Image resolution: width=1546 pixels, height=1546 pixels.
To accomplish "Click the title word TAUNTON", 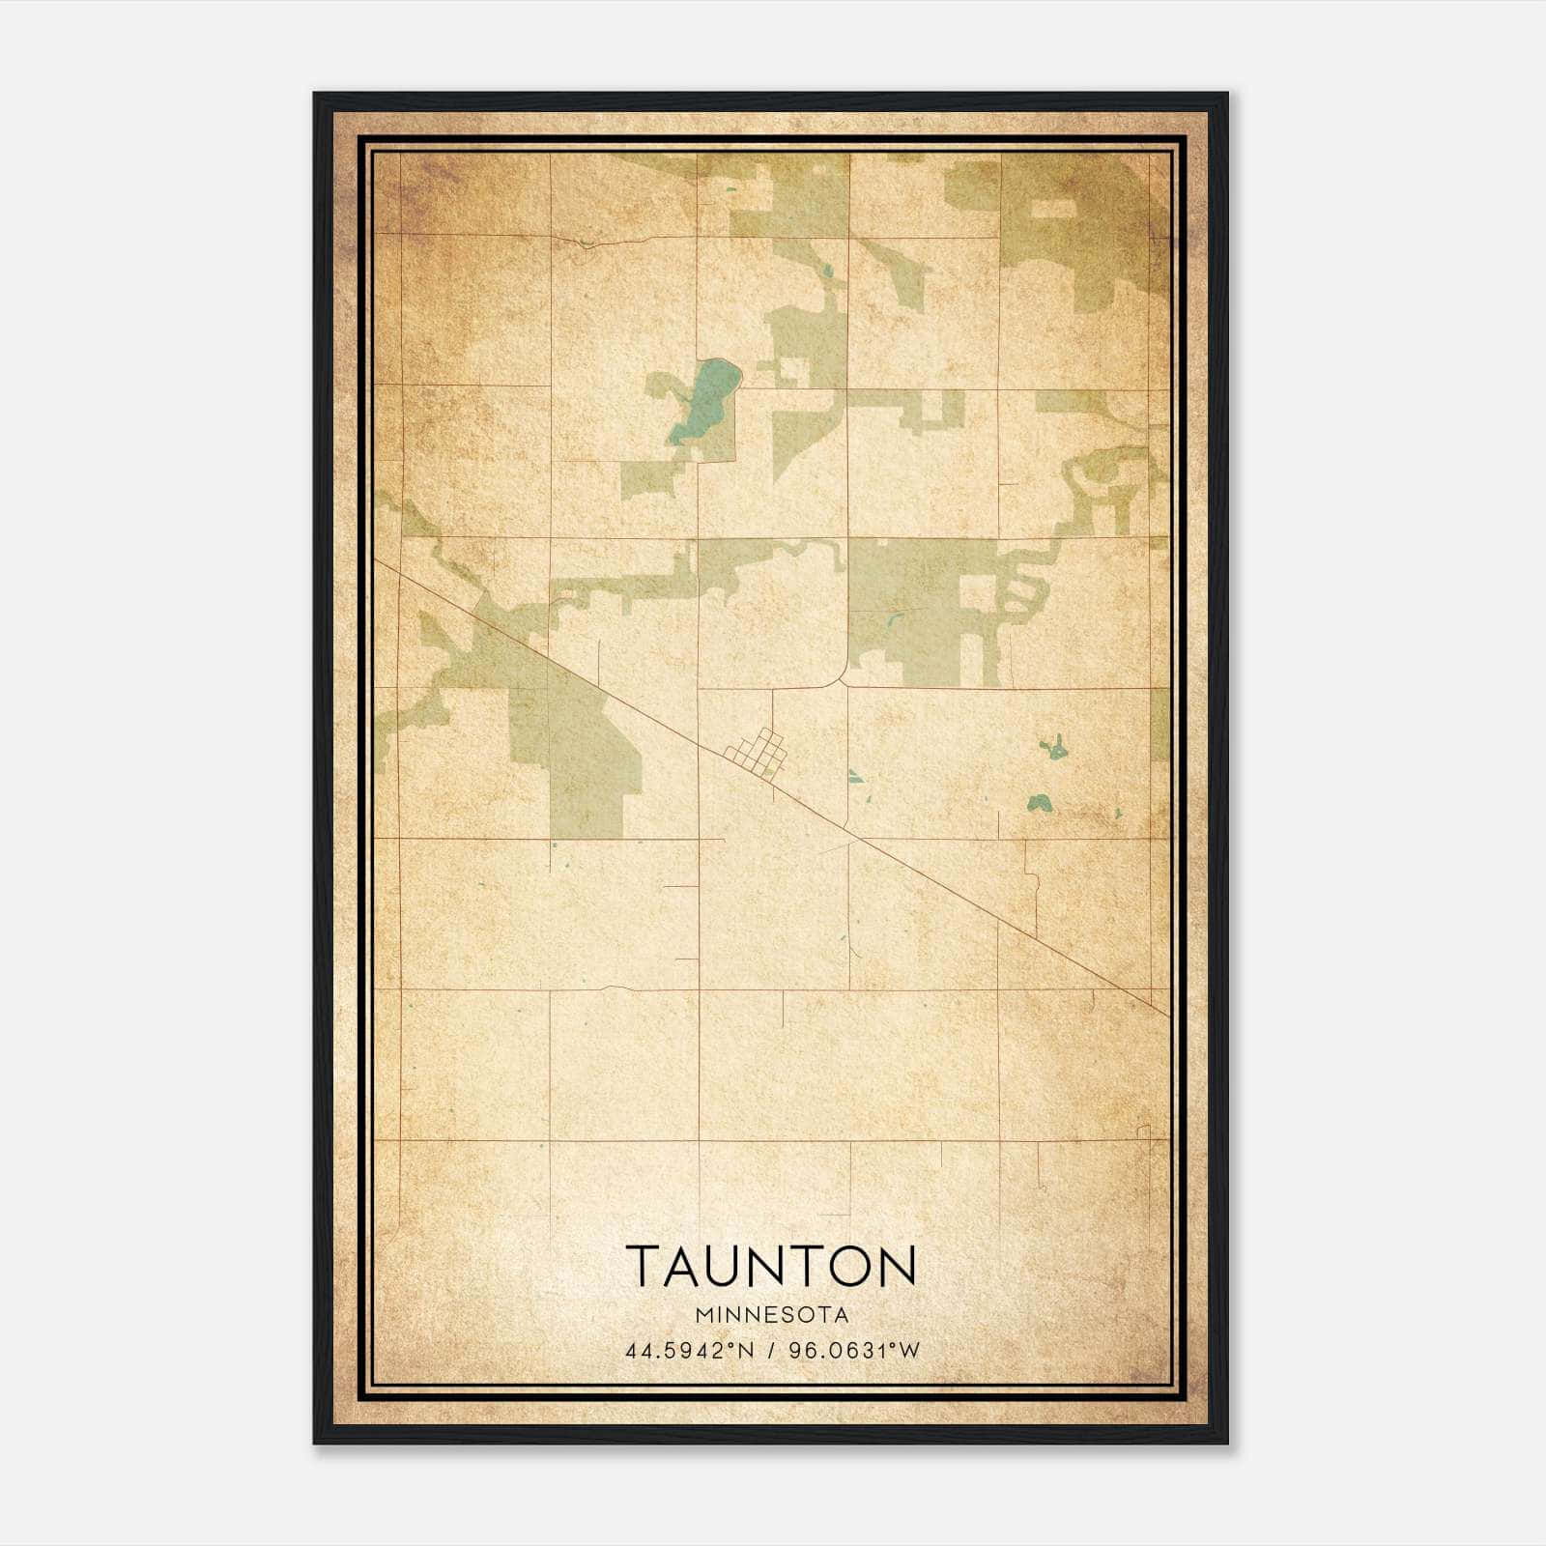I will pos(771,1266).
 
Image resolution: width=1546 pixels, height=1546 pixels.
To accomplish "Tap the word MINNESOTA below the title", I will pos(771,1315).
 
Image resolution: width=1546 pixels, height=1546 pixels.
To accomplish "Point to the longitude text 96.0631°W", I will pos(854,1351).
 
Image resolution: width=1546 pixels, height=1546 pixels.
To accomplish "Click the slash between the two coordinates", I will pos(771,1351).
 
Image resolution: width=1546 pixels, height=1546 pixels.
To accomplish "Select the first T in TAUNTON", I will pos(645,1266).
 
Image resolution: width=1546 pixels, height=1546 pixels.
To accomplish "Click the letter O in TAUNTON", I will pos(847,1266).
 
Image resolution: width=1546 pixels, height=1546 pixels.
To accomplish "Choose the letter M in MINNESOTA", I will pos(700,1315).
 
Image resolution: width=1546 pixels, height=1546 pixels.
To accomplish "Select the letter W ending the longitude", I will pos(910,1351).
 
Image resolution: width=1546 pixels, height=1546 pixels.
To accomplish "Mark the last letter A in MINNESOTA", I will pos(843,1315).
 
